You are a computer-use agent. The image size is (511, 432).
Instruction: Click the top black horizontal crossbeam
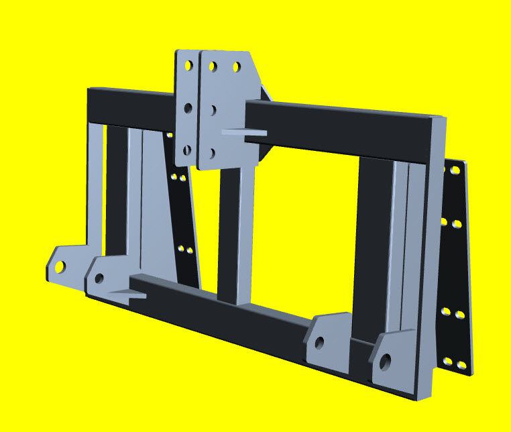tap(335, 127)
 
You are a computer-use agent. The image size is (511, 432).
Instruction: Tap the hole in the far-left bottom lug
tap(60, 266)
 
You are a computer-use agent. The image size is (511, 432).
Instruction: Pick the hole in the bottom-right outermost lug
tap(386, 363)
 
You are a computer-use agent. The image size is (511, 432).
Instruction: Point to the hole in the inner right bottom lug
tap(320, 343)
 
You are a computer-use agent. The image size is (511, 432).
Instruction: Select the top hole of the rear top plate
tap(189, 66)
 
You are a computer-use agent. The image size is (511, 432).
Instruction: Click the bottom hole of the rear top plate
tap(187, 150)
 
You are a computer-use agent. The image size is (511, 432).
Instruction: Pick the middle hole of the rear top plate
tap(188, 107)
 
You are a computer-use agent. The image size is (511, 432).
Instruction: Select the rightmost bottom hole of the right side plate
tap(461, 365)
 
